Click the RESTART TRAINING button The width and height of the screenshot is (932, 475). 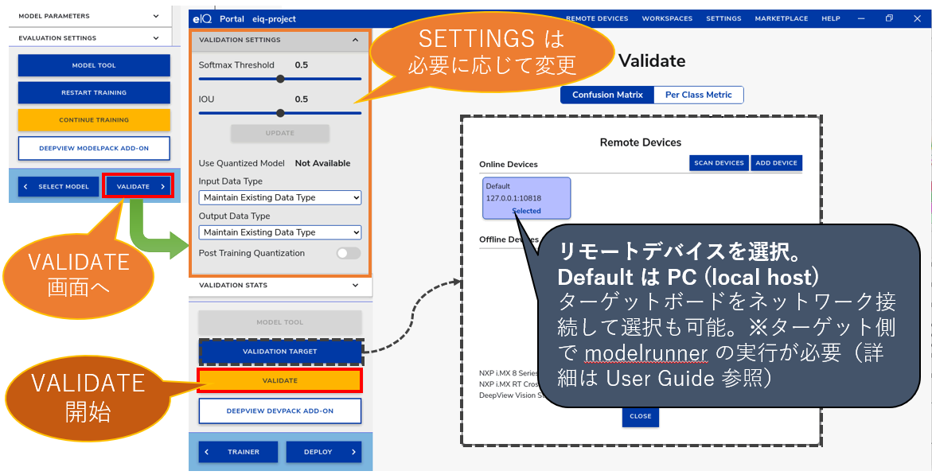click(94, 93)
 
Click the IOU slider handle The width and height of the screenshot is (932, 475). click(280, 113)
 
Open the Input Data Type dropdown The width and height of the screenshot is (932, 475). click(279, 197)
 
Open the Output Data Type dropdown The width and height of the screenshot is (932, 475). click(279, 232)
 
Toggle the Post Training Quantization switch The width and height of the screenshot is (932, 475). click(348, 253)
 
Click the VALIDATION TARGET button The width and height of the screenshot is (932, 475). click(280, 351)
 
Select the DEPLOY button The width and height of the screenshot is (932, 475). click(324, 452)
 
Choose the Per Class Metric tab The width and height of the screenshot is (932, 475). click(698, 95)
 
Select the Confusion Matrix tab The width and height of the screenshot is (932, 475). click(607, 95)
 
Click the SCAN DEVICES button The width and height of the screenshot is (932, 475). click(719, 163)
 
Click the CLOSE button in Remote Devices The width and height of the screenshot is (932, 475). click(640, 416)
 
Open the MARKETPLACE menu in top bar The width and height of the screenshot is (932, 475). click(781, 18)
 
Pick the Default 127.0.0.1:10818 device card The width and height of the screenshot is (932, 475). click(526, 197)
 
